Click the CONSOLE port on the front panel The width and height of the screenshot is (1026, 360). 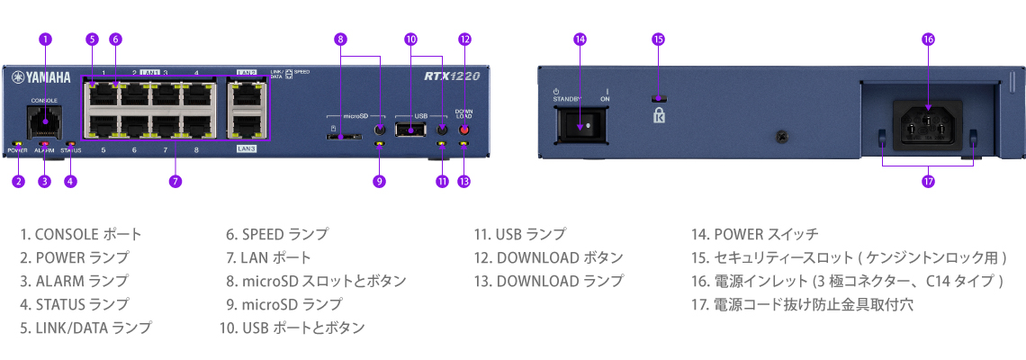click(45, 121)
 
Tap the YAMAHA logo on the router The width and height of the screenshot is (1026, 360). click(41, 77)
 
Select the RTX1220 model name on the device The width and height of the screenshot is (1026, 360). click(452, 76)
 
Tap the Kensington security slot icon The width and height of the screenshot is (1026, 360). click(660, 115)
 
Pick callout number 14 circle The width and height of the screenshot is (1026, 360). click(580, 40)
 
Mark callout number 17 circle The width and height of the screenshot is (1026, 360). click(927, 181)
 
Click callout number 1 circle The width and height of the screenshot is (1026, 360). click(45, 40)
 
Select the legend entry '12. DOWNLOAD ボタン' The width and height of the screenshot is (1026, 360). click(548, 258)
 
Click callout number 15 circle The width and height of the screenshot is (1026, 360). click(659, 40)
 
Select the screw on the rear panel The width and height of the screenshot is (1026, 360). click(781, 136)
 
